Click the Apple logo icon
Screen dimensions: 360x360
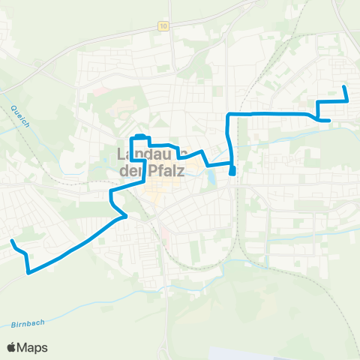[12, 347]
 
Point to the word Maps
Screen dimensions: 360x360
[33, 347]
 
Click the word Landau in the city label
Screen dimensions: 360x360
[145, 155]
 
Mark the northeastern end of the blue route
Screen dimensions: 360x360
[344, 88]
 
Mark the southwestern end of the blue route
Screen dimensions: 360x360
[13, 241]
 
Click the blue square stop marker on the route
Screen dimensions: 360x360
[232, 171]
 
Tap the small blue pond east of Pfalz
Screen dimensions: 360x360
[213, 179]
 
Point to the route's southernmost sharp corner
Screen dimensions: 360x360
[28, 273]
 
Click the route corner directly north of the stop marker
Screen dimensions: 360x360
[228, 114]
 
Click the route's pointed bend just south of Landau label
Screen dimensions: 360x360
[125, 216]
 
